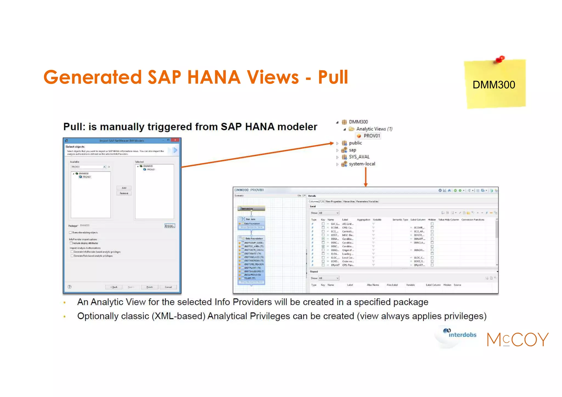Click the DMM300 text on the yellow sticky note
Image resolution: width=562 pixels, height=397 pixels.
click(x=494, y=85)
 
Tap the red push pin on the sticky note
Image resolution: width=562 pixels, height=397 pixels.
click(x=501, y=59)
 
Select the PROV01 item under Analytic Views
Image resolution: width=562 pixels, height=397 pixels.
click(x=372, y=136)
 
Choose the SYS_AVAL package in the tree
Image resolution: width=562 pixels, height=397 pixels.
click(x=359, y=157)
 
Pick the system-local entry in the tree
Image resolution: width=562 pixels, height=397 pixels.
click(x=362, y=164)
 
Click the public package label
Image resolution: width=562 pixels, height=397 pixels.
click(x=355, y=143)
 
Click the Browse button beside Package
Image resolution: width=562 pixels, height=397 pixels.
click(x=170, y=226)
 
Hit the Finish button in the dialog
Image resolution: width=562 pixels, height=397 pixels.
click(x=150, y=287)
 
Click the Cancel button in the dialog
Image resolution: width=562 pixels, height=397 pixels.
click(x=168, y=287)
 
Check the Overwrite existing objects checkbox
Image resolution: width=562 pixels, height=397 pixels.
click(x=71, y=232)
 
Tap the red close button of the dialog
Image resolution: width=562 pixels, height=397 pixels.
click(x=175, y=140)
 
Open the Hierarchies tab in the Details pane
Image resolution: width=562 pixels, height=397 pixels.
click(x=349, y=201)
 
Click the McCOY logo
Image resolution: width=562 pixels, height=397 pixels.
click(x=518, y=339)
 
